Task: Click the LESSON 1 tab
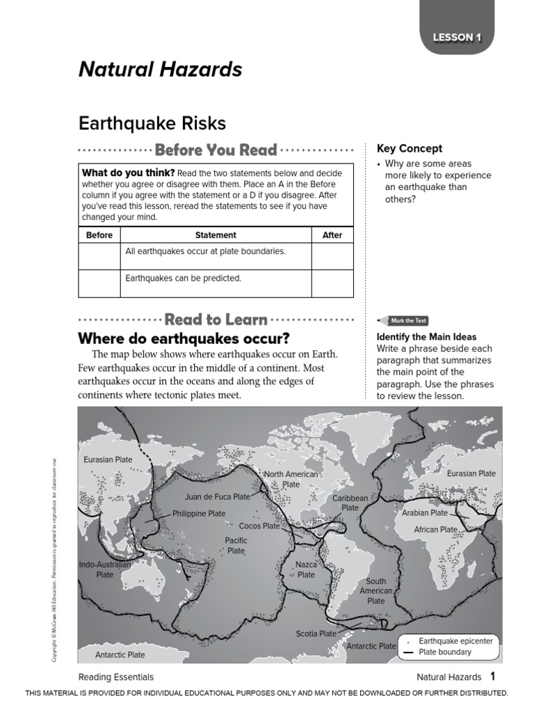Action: point(457,38)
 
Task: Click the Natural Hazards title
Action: point(160,70)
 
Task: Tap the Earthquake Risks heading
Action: point(152,124)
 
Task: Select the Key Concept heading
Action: point(410,148)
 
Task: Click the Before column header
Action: point(99,235)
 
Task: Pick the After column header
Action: point(332,235)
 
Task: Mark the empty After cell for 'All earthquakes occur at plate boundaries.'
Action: point(332,256)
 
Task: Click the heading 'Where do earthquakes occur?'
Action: point(184,339)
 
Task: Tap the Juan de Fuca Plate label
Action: point(217,497)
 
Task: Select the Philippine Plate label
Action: point(199,514)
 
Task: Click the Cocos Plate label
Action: point(259,526)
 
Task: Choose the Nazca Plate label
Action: point(306,570)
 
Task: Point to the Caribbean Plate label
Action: point(350,503)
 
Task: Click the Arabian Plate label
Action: point(425,512)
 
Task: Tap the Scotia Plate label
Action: point(316,634)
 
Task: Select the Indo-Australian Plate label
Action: point(104,570)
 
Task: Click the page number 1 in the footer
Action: point(492,676)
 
